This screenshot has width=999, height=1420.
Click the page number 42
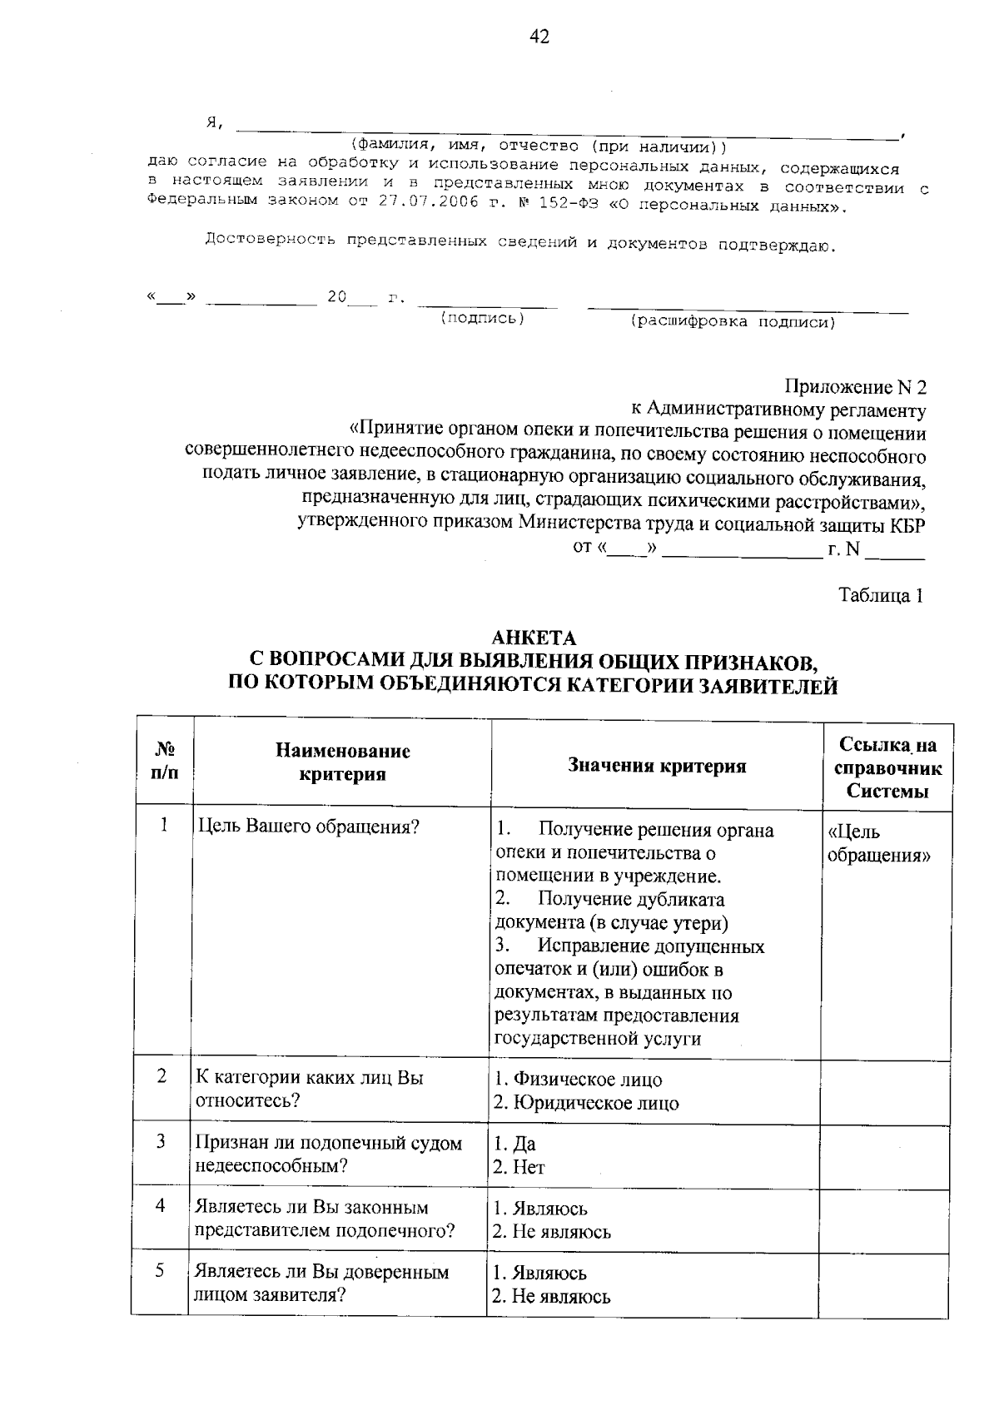(539, 37)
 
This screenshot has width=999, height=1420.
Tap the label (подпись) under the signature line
(482, 319)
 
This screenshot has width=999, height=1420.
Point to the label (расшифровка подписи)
(733, 322)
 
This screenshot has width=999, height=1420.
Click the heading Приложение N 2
(855, 388)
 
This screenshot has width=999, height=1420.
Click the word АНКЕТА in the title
(534, 638)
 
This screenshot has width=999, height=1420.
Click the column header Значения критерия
(657, 766)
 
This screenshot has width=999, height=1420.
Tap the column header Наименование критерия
(343, 762)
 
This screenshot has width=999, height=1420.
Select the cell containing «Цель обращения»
(878, 843)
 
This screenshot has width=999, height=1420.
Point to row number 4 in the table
(162, 1205)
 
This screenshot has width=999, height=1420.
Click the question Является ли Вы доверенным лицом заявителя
(321, 1283)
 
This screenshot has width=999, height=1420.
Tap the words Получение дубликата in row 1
(631, 900)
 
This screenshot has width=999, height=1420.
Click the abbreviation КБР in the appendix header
(907, 525)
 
